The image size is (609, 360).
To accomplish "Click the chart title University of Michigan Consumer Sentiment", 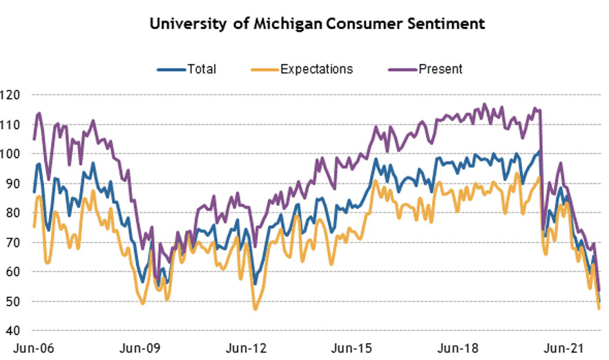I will [x=317, y=24].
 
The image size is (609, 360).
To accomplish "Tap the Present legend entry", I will [x=440, y=68].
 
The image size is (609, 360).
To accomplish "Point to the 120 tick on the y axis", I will [x=12, y=95].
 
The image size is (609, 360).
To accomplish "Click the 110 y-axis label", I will [x=12, y=124].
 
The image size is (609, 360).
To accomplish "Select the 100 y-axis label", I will [x=12, y=154].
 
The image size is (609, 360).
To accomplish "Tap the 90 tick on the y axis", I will [x=14, y=184].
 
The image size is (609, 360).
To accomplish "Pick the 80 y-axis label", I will [x=14, y=214].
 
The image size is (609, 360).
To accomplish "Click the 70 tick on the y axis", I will [x=14, y=243].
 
